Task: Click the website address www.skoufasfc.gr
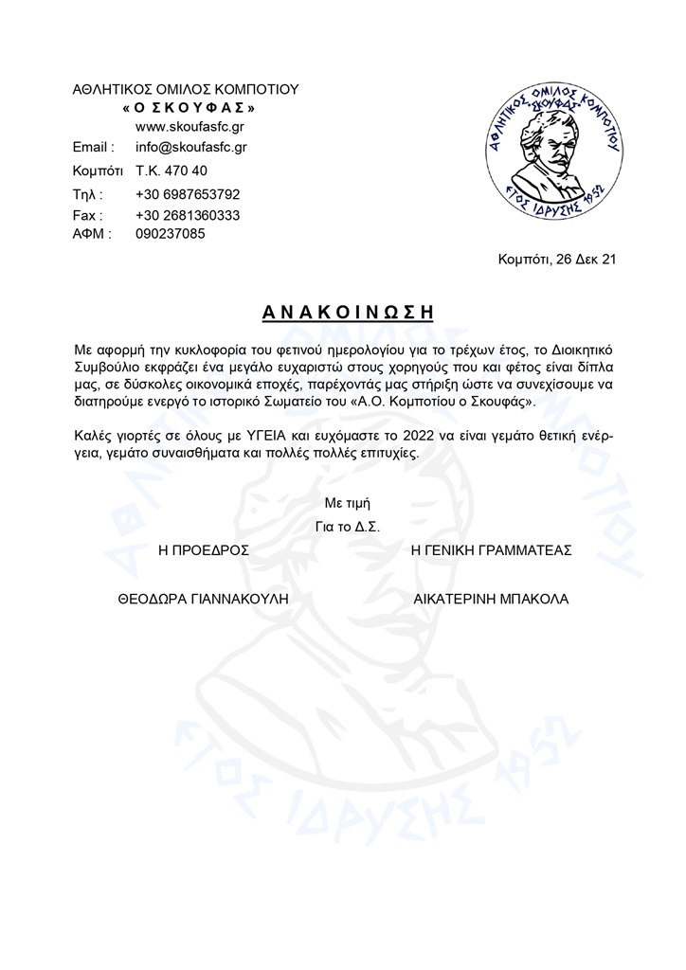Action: click(x=190, y=127)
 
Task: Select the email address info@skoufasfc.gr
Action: click(x=191, y=148)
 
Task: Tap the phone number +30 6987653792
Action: click(x=188, y=194)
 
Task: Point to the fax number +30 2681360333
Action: click(x=188, y=215)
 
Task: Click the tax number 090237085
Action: click(x=171, y=233)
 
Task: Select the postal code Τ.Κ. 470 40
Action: click(x=171, y=171)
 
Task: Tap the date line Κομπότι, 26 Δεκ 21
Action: click(x=556, y=259)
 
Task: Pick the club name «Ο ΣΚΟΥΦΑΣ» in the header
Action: click(x=189, y=108)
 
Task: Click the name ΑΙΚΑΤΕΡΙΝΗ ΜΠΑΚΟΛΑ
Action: click(x=491, y=599)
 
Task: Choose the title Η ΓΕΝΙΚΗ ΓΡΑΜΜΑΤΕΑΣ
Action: click(x=491, y=549)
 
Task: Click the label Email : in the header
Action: click(x=94, y=148)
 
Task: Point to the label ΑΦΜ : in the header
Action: click(x=92, y=233)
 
